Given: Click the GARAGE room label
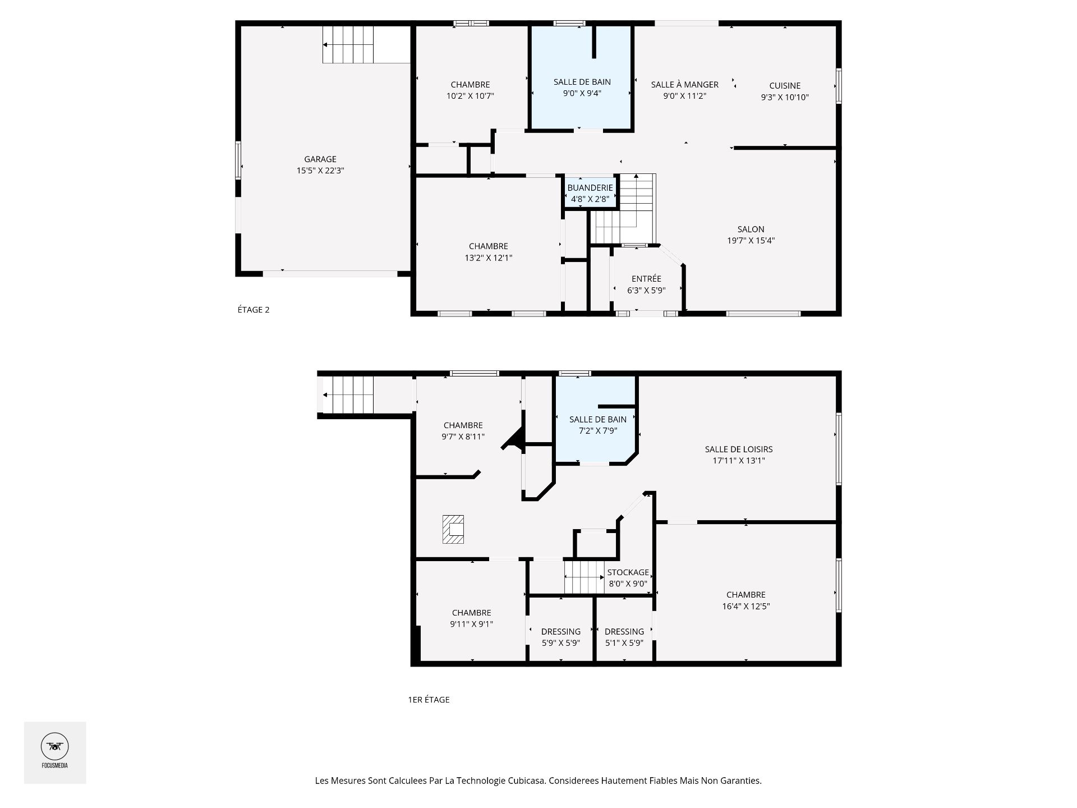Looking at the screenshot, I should click(x=320, y=159).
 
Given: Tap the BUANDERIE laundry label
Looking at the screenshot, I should click(x=590, y=188).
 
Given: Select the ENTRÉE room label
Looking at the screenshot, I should click(x=646, y=279).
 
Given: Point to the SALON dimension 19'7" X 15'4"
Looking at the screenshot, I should click(x=751, y=241).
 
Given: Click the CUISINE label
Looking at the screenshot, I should click(x=785, y=86).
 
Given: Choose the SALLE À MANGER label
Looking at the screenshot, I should click(x=684, y=85).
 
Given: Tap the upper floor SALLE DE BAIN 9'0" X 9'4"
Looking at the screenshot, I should click(x=582, y=88).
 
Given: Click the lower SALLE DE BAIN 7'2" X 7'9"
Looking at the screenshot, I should click(x=598, y=425).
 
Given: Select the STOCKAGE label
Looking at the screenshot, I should click(x=628, y=572).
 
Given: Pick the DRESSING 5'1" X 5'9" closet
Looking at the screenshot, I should click(x=624, y=637).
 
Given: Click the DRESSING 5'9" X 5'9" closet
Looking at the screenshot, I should click(x=560, y=637).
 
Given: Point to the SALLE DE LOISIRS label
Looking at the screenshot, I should click(x=739, y=449).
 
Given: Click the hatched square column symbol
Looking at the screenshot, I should click(x=453, y=529).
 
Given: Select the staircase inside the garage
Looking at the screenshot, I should click(x=348, y=45).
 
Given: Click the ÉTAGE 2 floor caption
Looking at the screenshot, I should click(x=254, y=310).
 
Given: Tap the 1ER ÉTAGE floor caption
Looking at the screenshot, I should click(x=429, y=700).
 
